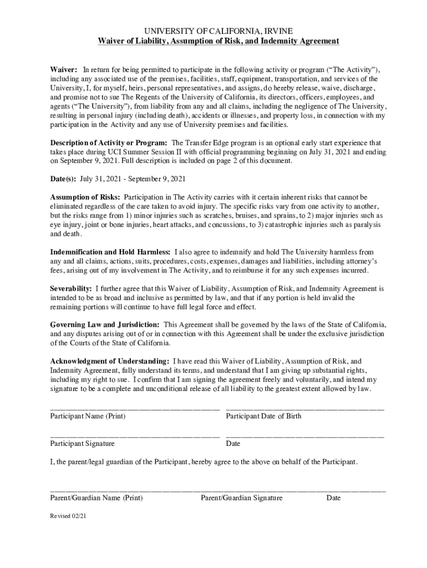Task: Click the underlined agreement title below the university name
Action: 218,41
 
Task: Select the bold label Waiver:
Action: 64,70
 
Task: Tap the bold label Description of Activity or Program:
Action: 109,143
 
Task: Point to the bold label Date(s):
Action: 63,179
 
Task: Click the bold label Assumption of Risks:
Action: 85,197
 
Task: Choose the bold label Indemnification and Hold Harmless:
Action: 110,252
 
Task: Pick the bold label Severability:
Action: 71,288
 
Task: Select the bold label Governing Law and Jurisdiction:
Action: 105,324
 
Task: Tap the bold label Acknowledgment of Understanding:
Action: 110,361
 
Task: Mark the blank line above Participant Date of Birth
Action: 305,409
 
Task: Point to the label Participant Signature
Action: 83,444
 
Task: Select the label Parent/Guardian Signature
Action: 242,498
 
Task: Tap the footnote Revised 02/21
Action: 68,516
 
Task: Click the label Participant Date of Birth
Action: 264,416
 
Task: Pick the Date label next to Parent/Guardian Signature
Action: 333,498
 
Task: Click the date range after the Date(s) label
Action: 133,179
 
